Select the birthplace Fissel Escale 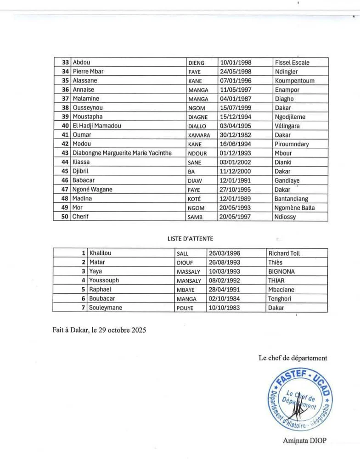pos(292,62)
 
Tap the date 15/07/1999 pos(236,108)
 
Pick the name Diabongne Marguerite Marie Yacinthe pos(122,153)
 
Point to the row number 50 pos(65,217)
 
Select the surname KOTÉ pos(196,199)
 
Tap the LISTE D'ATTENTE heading pos(190,238)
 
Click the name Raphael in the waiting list pos(101,290)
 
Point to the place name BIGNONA pos(281,271)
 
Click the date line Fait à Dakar pos(98,330)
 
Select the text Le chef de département pos(292,358)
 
